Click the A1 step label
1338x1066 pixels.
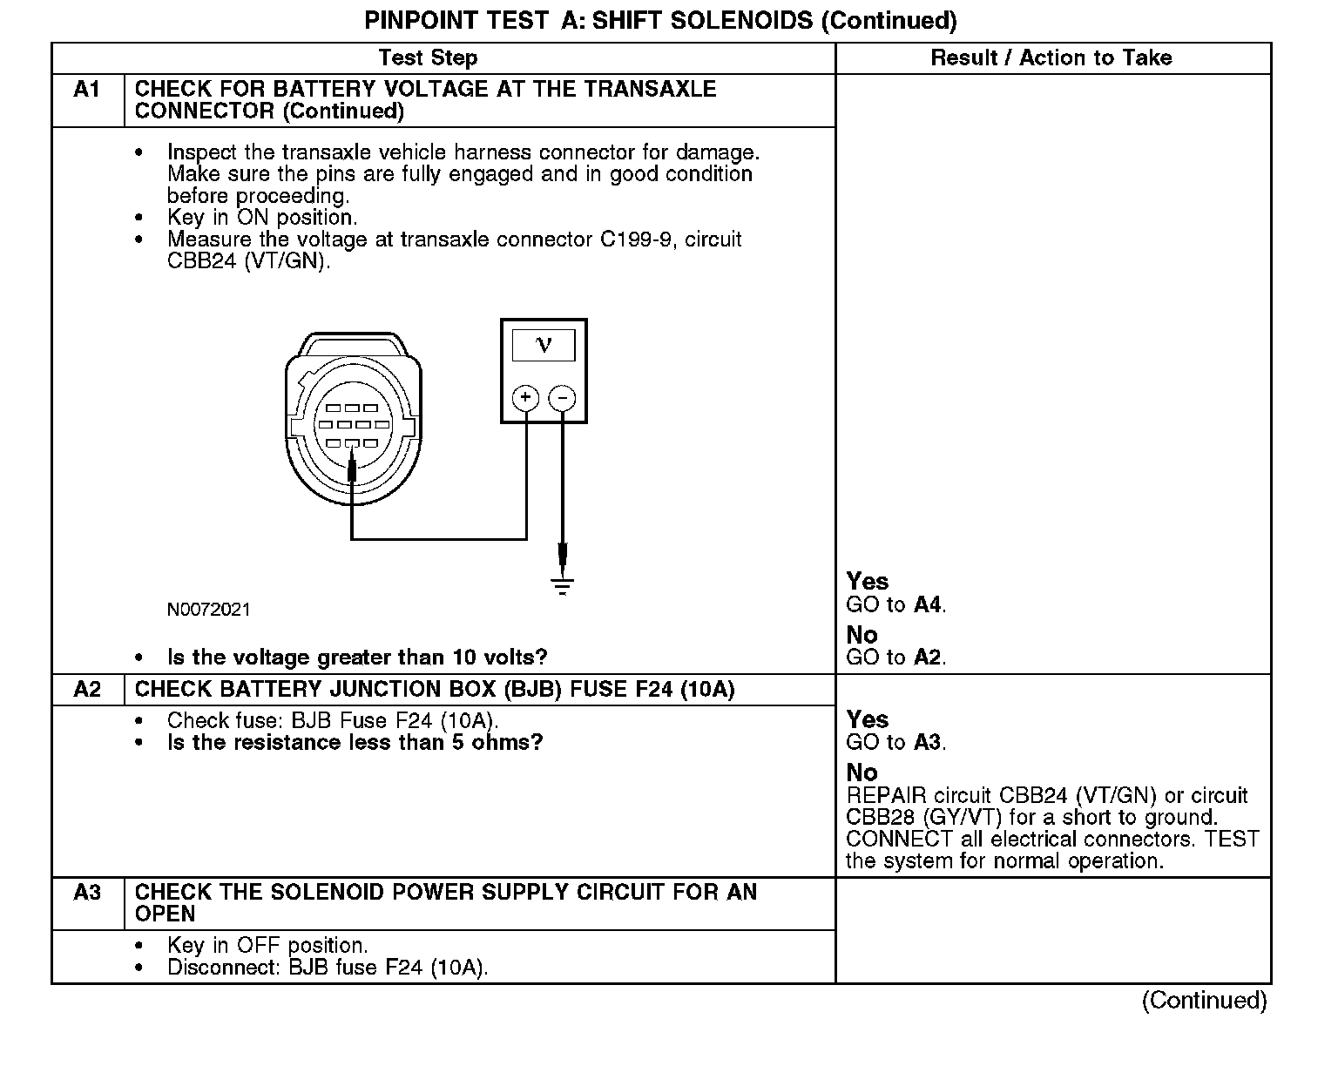click(87, 90)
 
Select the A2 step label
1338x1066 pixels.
click(87, 690)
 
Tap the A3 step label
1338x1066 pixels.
click(87, 893)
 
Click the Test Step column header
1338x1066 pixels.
click(428, 58)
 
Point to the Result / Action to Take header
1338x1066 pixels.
click(1051, 58)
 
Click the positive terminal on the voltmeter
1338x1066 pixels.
click(525, 398)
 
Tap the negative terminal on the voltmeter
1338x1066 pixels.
click(563, 398)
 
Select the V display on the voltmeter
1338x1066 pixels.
click(544, 346)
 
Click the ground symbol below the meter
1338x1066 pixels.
click(563, 585)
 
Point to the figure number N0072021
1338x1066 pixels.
click(208, 610)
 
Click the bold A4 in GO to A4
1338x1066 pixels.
click(929, 604)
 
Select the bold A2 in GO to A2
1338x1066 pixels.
click(929, 658)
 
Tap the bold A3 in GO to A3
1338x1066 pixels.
click(929, 743)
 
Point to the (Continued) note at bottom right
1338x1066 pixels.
click(1204, 1001)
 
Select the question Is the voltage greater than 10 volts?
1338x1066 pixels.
click(357, 658)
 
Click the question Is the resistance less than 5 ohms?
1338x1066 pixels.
click(355, 743)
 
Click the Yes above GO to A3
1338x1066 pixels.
click(868, 720)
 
